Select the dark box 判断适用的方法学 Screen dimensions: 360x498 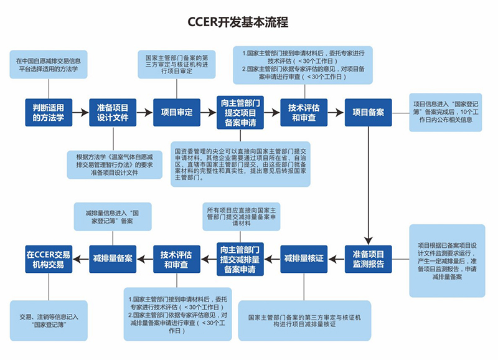49,112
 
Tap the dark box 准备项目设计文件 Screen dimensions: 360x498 113,112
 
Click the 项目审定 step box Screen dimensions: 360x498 177,112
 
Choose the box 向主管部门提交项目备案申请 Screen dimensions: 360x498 240,112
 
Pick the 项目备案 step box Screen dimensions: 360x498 369,112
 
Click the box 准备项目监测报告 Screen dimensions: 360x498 369,258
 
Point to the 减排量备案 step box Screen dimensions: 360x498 113,258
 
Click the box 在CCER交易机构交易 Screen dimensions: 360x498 49,258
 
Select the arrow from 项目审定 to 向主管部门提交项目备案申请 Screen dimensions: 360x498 208,113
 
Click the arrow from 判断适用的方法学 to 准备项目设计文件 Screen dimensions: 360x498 80,113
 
